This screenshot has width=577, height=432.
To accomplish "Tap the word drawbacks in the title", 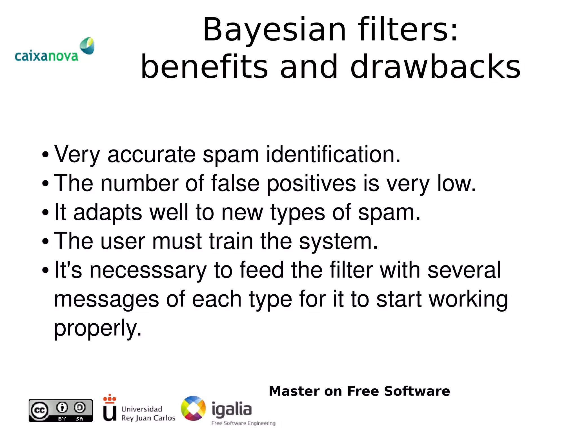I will (x=435, y=67).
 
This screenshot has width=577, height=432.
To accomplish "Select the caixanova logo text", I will (x=46, y=56).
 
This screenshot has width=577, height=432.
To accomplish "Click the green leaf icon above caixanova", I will (x=87, y=46).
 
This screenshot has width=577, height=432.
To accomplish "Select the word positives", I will (x=311, y=183).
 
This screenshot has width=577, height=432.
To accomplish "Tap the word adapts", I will (x=108, y=212).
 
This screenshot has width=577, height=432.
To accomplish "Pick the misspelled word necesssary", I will (x=148, y=270).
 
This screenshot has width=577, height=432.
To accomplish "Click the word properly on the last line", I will (x=97, y=328).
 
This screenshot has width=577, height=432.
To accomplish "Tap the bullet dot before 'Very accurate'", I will (x=45, y=155).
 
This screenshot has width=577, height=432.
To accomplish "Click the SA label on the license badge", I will (x=79, y=419).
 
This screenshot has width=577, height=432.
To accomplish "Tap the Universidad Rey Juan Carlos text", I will (x=148, y=413).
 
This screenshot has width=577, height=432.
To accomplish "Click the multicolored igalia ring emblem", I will (x=193, y=408).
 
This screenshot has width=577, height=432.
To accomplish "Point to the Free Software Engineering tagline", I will (x=243, y=423).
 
